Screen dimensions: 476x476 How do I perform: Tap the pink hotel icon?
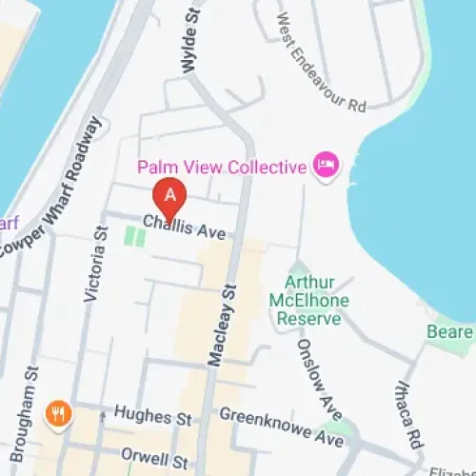click(x=325, y=168)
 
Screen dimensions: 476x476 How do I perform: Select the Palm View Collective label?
click(x=222, y=168)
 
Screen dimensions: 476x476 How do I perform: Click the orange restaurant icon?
click(x=58, y=414)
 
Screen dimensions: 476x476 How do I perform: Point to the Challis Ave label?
click(x=177, y=226)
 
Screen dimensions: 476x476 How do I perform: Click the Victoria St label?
click(x=96, y=265)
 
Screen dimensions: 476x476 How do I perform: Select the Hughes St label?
click(x=152, y=415)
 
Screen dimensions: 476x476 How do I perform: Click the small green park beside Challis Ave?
click(x=135, y=235)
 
